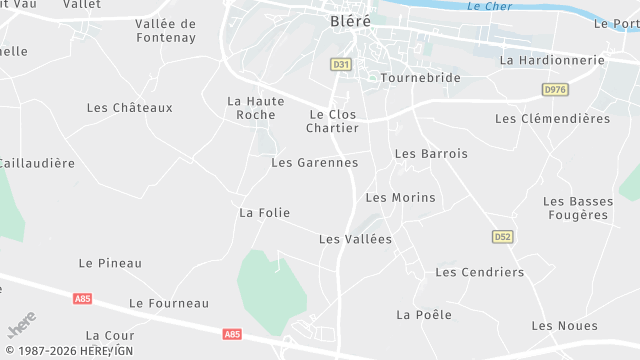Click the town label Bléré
tap(350, 20)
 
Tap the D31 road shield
tap(341, 64)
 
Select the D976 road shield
tap(554, 90)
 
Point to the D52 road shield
tap(502, 237)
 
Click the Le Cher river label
tap(489, 7)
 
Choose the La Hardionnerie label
tap(552, 60)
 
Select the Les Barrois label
tap(431, 154)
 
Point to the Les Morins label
tap(401, 198)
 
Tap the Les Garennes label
tap(314, 162)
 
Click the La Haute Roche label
tap(256, 108)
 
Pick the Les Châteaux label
tap(130, 108)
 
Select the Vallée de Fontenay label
tap(166, 30)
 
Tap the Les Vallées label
tap(355, 240)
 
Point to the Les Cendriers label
tap(480, 272)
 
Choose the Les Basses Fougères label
tap(578, 208)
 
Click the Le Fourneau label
tap(169, 304)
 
